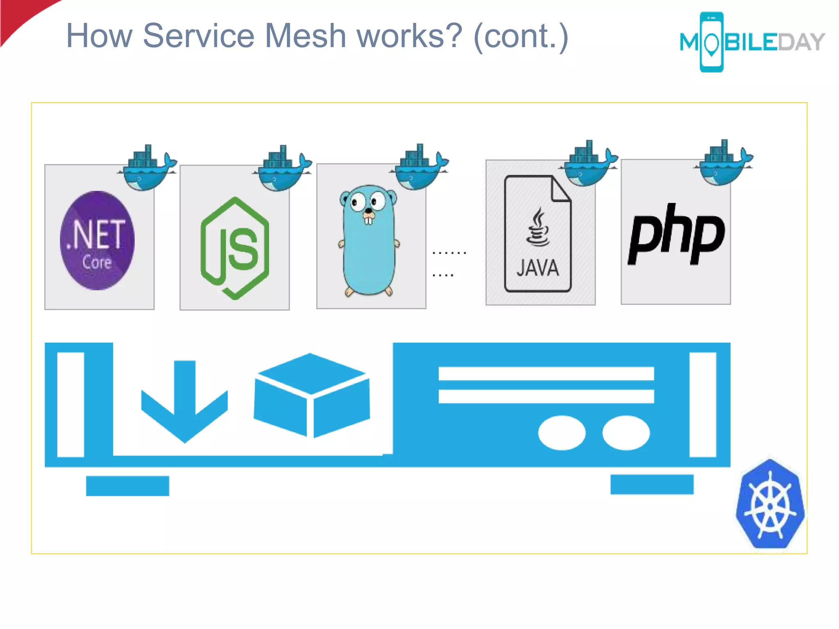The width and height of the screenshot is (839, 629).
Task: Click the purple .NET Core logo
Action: tap(97, 240)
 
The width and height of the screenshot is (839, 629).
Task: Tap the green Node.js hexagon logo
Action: tap(235, 248)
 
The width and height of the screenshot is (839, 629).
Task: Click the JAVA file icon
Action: tap(537, 233)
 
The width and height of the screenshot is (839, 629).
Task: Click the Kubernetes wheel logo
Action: tap(770, 504)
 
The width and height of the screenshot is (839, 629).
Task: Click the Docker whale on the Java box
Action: tap(588, 164)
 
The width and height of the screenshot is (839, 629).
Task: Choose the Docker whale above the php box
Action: tap(724, 163)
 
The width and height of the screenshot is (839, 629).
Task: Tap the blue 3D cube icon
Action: tap(311, 395)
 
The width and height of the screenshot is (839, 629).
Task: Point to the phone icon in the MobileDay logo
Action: tap(712, 42)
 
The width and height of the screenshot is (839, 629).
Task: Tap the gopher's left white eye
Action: tap(358, 201)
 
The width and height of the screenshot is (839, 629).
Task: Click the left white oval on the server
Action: tap(562, 433)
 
